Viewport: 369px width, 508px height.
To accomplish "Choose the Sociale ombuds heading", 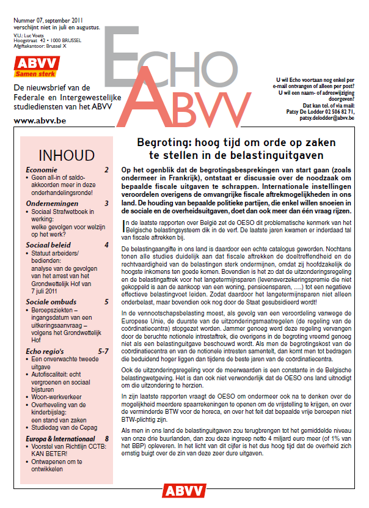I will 52,302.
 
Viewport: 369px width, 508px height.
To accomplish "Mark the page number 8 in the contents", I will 106,438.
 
